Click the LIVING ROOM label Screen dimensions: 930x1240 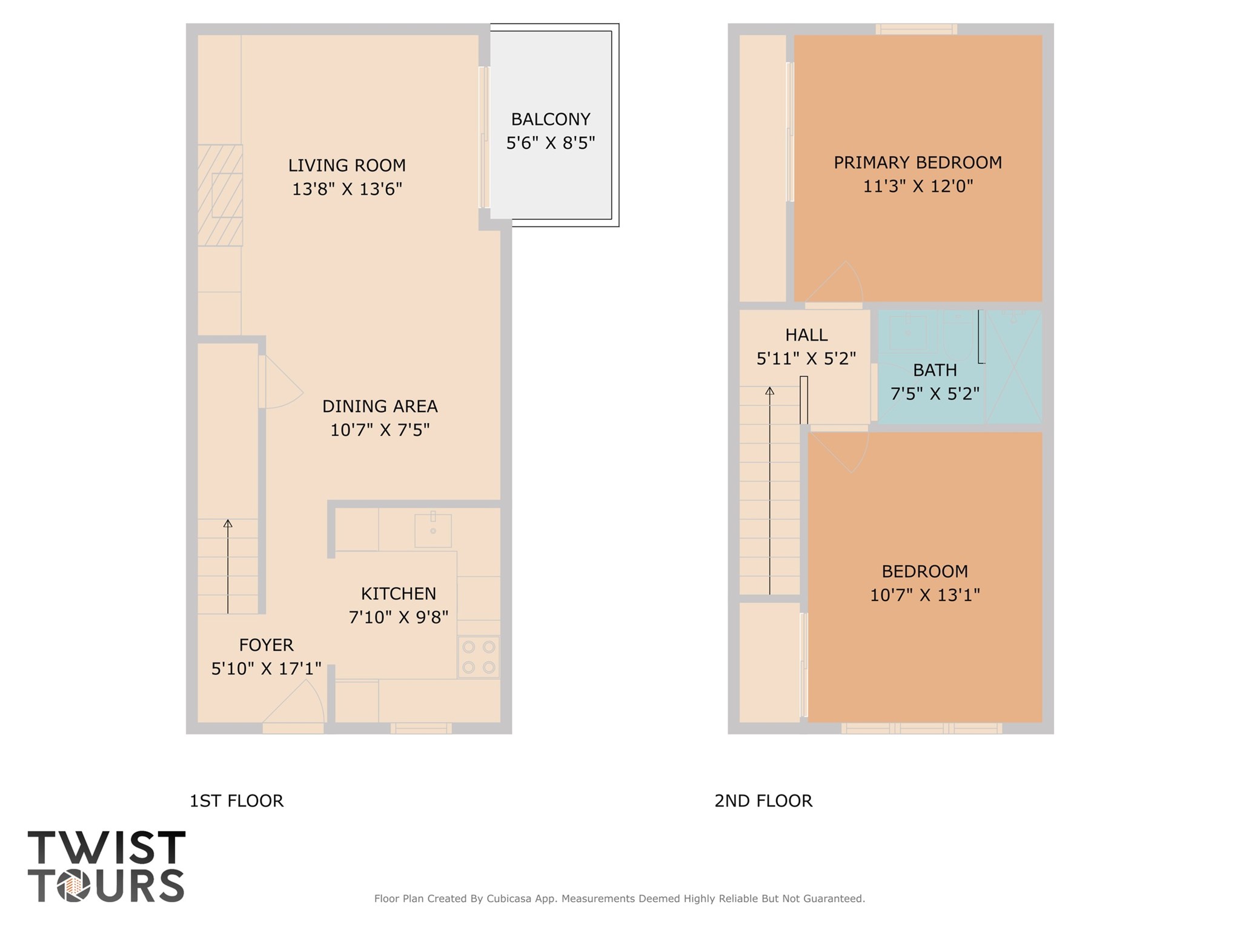346,165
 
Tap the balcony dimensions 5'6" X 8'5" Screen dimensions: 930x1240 550,143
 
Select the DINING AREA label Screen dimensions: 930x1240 379,406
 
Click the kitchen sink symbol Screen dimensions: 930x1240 433,530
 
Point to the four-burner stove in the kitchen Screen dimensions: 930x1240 479,657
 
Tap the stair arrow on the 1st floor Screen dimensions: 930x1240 228,566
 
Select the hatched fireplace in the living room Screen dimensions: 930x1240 220,195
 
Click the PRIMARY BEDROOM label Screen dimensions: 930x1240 917,162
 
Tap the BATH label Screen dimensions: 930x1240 935,370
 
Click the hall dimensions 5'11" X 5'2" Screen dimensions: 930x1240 806,359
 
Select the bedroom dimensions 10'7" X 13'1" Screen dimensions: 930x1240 924,595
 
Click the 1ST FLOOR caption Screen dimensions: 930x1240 236,801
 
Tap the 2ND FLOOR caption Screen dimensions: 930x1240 763,801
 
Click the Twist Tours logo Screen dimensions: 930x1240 106,866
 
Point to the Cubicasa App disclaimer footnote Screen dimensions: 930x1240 619,898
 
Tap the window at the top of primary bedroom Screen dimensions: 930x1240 916,29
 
